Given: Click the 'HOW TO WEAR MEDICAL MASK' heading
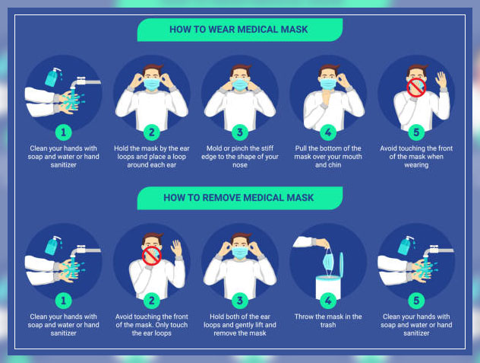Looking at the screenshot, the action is [238, 30].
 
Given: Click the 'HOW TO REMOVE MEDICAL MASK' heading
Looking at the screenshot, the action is [238, 198].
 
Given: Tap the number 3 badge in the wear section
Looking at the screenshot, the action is [240, 132].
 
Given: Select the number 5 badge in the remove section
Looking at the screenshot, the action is [416, 301].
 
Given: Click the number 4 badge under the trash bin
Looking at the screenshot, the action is [328, 301].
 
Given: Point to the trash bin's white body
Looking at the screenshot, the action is [328, 287].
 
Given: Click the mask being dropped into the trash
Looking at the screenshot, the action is [328, 262].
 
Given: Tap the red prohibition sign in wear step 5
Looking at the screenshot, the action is [416, 88].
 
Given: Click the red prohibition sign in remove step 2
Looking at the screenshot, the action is [152, 256].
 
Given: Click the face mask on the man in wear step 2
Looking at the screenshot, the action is [152, 84].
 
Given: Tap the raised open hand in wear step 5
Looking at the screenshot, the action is [441, 80].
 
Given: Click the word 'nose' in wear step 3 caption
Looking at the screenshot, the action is [240, 165].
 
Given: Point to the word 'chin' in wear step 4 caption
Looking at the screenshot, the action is [335, 165].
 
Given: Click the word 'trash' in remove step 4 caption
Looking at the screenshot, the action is [328, 325].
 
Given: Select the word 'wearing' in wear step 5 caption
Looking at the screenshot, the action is [416, 165].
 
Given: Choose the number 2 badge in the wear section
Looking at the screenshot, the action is [152, 132].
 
